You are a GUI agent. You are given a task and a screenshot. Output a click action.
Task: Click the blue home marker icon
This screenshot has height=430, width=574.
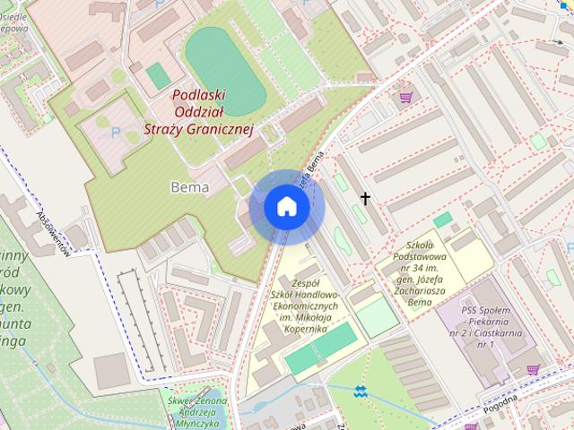(286, 207)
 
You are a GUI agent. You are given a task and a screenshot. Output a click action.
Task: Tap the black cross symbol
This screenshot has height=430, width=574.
(366, 198)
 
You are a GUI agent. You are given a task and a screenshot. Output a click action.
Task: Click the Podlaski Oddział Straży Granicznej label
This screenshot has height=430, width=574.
(200, 112)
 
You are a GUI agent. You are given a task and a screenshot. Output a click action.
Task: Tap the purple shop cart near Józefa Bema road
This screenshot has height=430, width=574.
(405, 95)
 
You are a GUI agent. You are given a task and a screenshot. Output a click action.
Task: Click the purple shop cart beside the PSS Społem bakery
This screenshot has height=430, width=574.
(534, 369)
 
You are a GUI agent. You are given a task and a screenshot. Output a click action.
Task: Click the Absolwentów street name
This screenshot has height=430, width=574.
(53, 235)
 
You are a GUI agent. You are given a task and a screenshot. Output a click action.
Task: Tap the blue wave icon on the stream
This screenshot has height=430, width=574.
(360, 391)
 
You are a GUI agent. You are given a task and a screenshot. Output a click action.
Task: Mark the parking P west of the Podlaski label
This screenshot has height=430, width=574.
(115, 133)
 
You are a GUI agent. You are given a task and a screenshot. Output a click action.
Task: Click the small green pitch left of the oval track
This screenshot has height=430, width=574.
(158, 74)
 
